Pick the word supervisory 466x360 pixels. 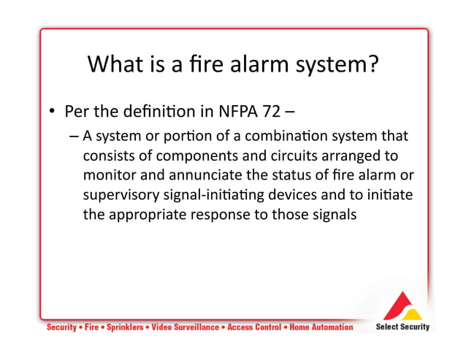click(120, 196)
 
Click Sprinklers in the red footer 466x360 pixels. click(123, 327)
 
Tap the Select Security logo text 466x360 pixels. click(402, 326)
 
